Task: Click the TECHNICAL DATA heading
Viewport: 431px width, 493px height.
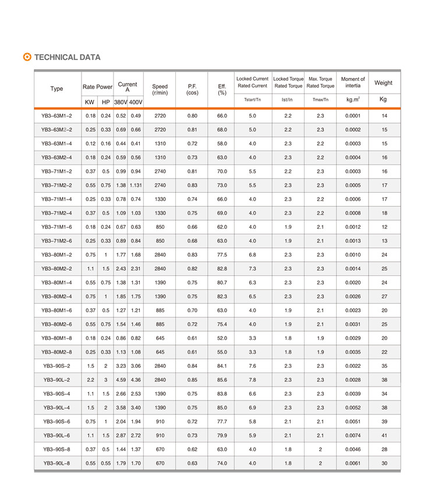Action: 67,57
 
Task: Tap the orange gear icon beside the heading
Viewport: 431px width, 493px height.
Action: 27,57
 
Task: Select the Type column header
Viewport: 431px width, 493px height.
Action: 56,88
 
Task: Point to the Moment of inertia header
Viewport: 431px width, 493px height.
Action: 352,82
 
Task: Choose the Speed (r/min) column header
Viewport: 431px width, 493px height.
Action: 160,90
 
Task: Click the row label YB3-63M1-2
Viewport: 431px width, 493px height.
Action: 56,116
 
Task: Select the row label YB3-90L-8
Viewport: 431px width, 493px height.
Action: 56,463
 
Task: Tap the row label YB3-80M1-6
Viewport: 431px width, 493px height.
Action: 56,310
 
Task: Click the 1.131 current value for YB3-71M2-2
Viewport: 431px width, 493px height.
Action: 136,185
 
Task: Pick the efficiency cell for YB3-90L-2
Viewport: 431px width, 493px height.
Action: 222,379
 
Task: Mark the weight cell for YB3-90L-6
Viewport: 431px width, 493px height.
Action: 384,435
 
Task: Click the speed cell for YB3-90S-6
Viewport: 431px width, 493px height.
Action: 160,421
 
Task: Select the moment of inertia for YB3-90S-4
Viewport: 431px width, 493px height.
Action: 352,393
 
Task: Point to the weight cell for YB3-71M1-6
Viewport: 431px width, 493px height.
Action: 384,227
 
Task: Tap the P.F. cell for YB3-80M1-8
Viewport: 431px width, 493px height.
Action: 192,338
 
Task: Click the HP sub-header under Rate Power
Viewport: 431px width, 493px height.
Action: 105,102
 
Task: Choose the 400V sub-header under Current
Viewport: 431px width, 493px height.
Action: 136,102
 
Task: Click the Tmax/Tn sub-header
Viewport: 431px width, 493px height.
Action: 320,100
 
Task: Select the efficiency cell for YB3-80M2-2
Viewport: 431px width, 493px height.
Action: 222,268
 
